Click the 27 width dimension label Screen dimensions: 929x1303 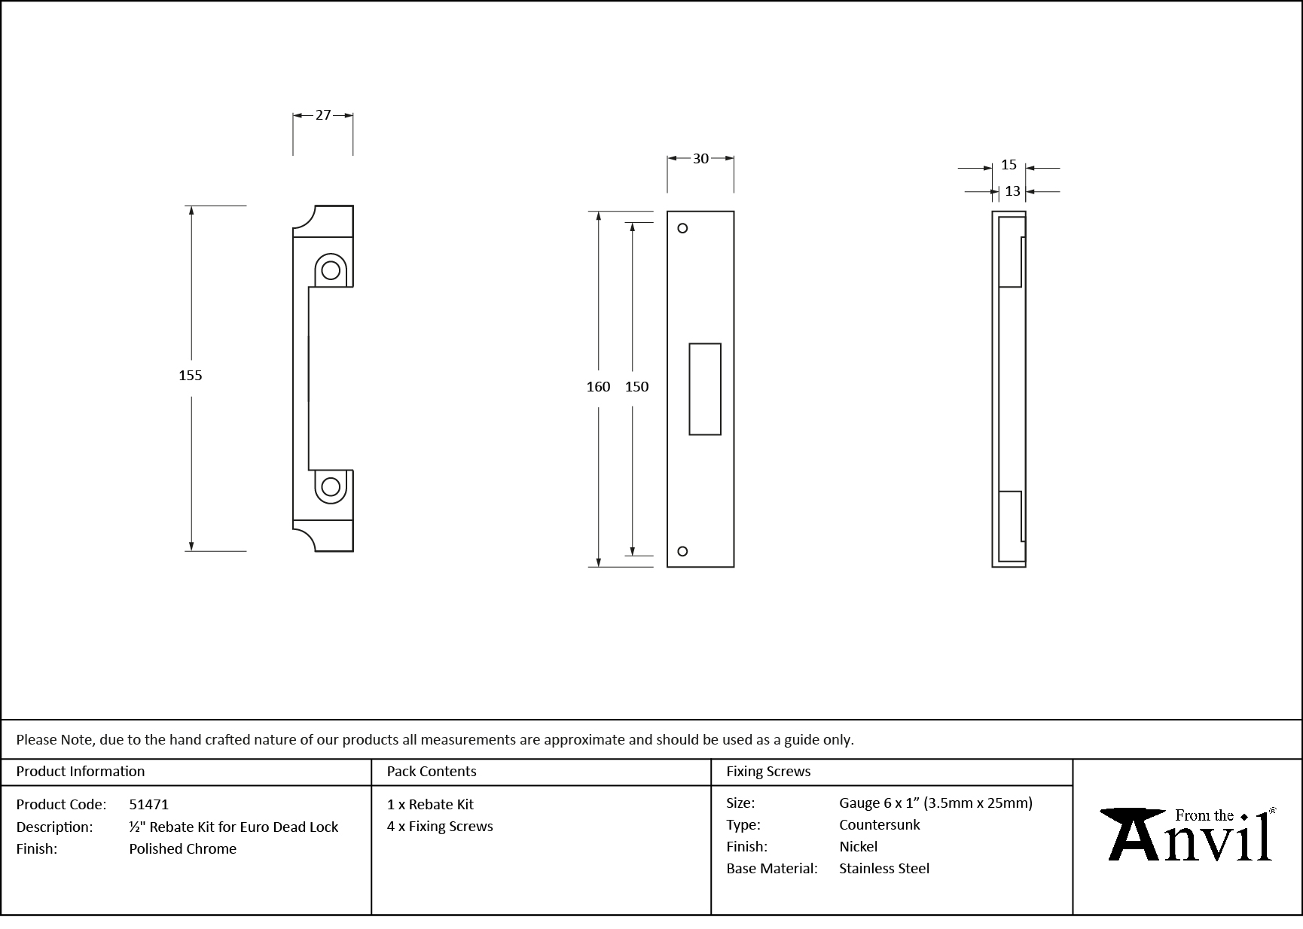pos(322,115)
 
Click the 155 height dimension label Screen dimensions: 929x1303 pos(191,376)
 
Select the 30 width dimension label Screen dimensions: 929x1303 pos(700,159)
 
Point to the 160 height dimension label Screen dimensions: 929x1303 pos(598,387)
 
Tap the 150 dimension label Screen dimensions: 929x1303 pos(636,387)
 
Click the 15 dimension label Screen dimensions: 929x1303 pos(1009,165)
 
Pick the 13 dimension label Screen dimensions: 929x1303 pos(1012,191)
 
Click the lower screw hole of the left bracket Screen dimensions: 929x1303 pos(331,487)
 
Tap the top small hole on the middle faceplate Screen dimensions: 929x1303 pos(682,228)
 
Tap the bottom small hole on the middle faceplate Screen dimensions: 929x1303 pos(682,551)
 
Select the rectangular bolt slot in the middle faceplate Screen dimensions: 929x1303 pos(705,389)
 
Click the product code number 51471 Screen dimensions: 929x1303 pos(149,805)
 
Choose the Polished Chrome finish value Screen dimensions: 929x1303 pos(182,849)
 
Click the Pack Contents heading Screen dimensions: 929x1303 pos(432,772)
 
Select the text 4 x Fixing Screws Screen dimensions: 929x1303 pos(440,827)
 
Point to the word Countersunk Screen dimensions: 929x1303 pos(879,825)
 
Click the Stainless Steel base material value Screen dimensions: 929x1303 pos(884,869)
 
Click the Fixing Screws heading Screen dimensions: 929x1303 pos(768,772)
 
